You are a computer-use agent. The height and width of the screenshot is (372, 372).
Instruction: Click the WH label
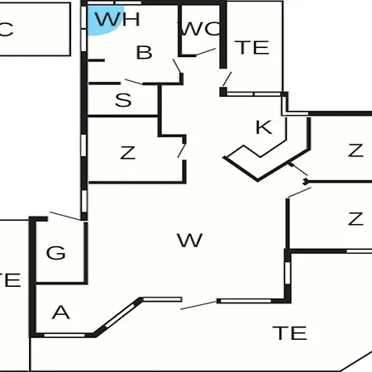click(x=117, y=19)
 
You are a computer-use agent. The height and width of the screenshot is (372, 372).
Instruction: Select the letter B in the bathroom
click(x=144, y=52)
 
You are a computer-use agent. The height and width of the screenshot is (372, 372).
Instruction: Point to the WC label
click(x=201, y=28)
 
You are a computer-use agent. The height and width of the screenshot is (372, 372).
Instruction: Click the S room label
click(x=123, y=100)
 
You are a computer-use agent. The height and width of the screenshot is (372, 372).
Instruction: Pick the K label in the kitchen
click(x=264, y=127)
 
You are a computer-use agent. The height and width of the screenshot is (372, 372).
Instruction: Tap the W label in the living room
click(x=190, y=240)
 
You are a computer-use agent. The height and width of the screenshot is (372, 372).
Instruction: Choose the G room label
click(x=56, y=253)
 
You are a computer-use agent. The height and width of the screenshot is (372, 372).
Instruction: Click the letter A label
click(x=60, y=312)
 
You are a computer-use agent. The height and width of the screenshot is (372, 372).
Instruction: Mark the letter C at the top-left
click(x=6, y=30)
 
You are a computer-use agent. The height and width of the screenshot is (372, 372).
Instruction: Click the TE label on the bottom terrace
click(x=289, y=333)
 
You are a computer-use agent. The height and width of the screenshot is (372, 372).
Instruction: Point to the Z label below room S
click(x=128, y=153)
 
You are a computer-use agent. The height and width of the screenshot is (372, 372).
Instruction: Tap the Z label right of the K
click(x=355, y=150)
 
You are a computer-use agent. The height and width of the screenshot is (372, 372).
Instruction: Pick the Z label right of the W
click(x=355, y=219)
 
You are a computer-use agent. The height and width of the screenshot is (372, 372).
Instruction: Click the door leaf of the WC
click(x=206, y=52)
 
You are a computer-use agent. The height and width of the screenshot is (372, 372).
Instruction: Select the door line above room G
click(x=65, y=216)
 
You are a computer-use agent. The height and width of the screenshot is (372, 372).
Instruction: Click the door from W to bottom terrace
click(x=198, y=305)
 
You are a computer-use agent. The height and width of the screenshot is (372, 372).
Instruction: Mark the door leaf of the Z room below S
click(x=182, y=150)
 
